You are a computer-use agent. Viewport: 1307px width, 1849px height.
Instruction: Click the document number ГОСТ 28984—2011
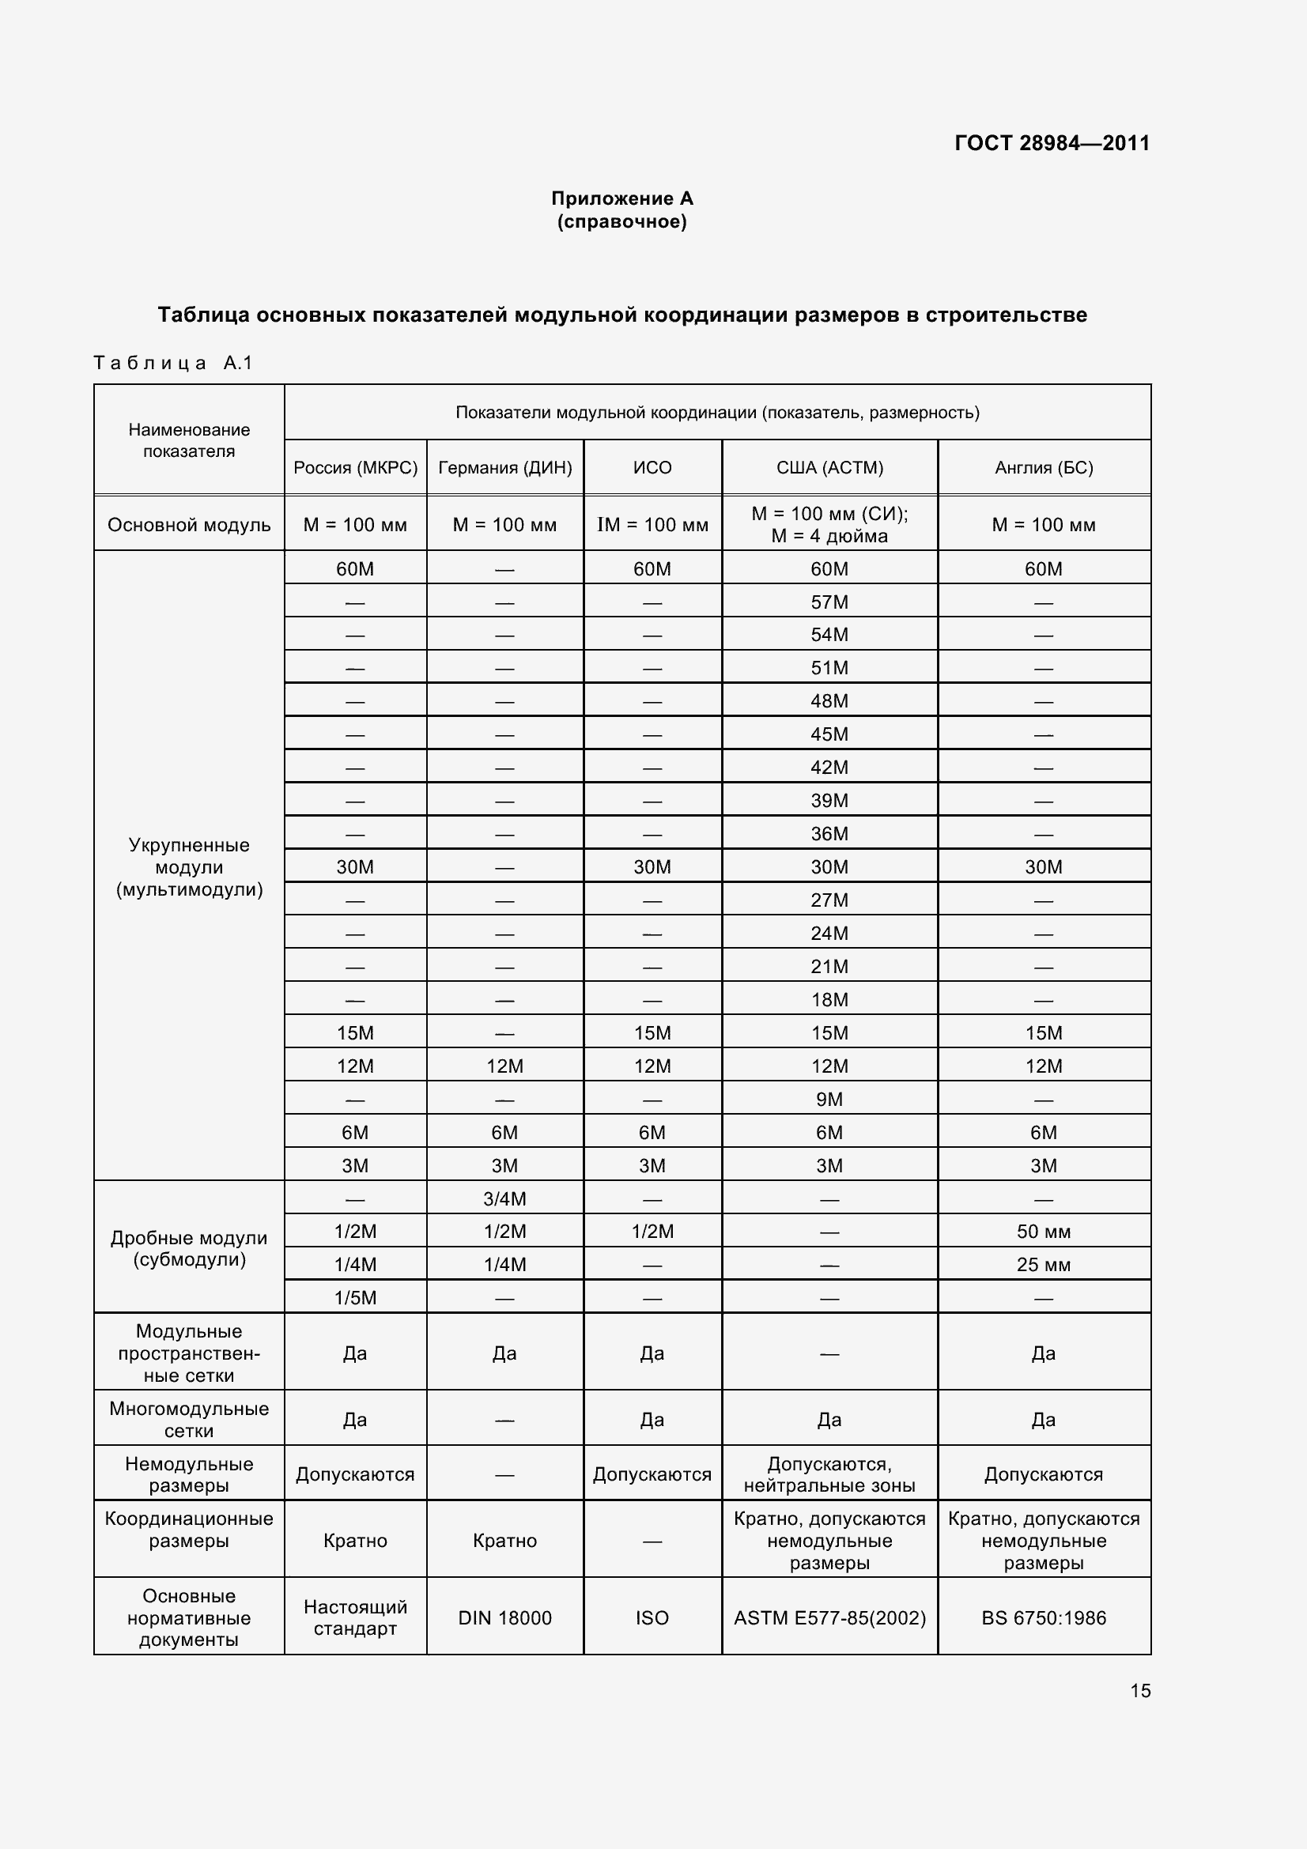pos(1052,143)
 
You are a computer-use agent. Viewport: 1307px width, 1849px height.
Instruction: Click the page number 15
pos(1139,1690)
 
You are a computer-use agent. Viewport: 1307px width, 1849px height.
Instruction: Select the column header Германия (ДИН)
pos(505,467)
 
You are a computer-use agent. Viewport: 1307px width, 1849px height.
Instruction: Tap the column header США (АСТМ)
pos(829,467)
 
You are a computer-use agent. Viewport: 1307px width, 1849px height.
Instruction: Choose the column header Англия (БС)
pos(1044,467)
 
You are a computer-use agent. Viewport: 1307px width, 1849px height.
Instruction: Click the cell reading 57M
pos(829,602)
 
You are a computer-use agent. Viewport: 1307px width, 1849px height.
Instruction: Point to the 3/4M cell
pos(505,1198)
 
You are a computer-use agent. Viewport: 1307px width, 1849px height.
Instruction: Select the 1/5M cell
pos(355,1297)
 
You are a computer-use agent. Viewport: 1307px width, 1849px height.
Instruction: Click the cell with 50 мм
pos(1044,1232)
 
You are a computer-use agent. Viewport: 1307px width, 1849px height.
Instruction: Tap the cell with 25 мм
pos(1044,1264)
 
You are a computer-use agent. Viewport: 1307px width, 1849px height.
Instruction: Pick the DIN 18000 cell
pos(505,1618)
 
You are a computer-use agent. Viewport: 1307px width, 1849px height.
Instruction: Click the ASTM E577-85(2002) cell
pos(829,1618)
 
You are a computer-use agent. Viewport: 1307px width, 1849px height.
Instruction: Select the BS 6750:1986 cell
pos(1044,1618)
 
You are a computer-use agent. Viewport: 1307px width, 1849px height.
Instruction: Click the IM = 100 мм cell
pos(652,525)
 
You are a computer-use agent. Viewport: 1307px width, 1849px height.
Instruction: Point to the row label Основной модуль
pos(189,525)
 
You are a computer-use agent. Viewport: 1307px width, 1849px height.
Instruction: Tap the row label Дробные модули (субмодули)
pos(189,1248)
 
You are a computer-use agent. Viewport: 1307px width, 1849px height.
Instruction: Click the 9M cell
pos(829,1100)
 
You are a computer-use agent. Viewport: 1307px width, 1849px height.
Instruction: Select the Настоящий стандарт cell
pos(355,1617)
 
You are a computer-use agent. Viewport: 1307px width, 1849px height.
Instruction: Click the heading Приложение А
pos(621,198)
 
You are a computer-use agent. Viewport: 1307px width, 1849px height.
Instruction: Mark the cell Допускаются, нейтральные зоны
pos(829,1474)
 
